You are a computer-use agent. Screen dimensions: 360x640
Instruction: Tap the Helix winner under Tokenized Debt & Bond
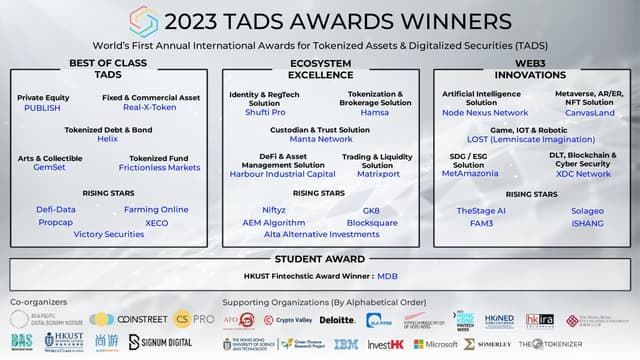tap(107, 139)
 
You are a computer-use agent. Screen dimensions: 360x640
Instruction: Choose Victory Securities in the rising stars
tap(108, 234)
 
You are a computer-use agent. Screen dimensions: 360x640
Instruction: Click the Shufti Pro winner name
tap(258, 112)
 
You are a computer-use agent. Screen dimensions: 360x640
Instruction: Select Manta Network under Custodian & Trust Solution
tap(319, 139)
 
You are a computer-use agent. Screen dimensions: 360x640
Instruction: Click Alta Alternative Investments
tap(319, 234)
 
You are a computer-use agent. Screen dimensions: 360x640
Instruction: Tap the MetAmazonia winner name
tap(469, 174)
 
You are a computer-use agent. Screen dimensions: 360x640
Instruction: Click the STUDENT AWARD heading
tap(319, 261)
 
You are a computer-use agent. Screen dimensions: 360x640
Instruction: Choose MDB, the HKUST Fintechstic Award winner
tap(388, 276)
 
